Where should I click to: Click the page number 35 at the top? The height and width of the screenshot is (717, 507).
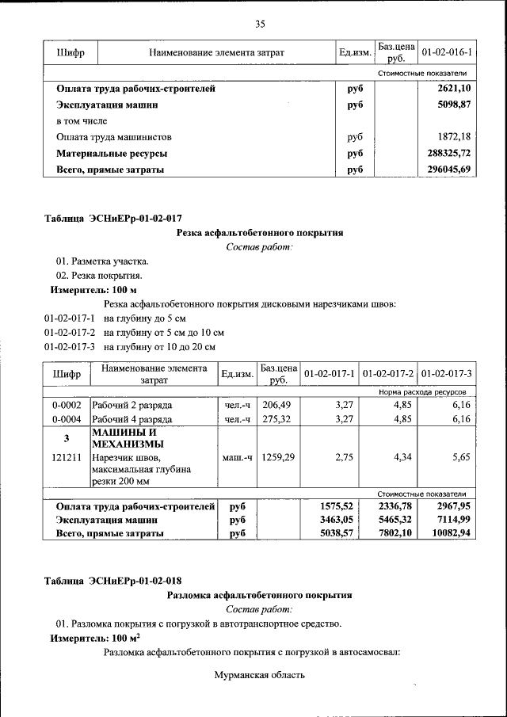[x=259, y=24]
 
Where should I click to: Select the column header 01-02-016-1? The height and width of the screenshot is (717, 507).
[x=447, y=52]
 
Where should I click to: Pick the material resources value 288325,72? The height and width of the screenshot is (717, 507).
[x=448, y=153]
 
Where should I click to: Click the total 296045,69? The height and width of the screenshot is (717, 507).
[x=448, y=170]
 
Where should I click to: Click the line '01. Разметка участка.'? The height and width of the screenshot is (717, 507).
[x=101, y=261]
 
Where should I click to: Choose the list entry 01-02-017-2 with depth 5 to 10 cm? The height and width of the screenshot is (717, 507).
[x=135, y=333]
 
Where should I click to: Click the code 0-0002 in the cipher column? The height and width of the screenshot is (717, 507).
[x=67, y=404]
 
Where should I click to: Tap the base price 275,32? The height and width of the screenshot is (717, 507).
[x=278, y=419]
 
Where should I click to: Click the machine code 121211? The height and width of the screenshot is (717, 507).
[x=67, y=457]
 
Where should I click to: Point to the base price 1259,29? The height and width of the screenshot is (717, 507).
[x=278, y=457]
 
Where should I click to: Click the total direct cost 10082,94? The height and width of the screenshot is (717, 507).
[x=448, y=534]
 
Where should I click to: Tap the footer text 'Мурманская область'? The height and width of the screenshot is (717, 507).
[x=259, y=675]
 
